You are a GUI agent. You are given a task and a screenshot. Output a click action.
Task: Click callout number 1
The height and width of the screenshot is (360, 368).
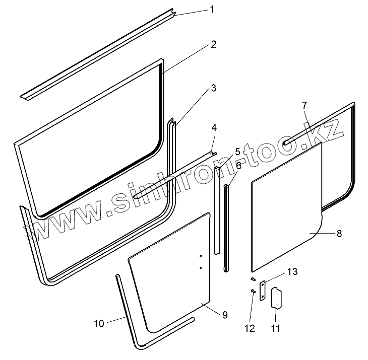click(212, 10)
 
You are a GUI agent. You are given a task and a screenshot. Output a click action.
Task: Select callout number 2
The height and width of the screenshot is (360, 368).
click(214, 44)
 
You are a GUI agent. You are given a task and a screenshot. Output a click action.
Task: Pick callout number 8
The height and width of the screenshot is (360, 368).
click(339, 233)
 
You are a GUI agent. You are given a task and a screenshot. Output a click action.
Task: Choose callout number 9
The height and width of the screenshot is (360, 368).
click(224, 315)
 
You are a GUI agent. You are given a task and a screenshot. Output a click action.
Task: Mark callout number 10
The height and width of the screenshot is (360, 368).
click(99, 323)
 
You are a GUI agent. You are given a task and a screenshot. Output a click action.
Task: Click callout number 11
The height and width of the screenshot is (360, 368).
click(275, 329)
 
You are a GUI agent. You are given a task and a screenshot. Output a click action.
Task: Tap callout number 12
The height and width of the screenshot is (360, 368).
click(250, 329)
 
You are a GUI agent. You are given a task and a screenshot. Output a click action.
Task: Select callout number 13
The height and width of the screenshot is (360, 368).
click(292, 272)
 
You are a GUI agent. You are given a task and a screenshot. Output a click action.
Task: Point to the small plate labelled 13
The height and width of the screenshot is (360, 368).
click(263, 292)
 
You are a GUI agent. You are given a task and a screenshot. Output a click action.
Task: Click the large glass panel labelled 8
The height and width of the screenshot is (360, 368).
click(285, 206)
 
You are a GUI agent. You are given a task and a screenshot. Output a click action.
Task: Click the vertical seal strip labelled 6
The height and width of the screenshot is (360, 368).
click(226, 227)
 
